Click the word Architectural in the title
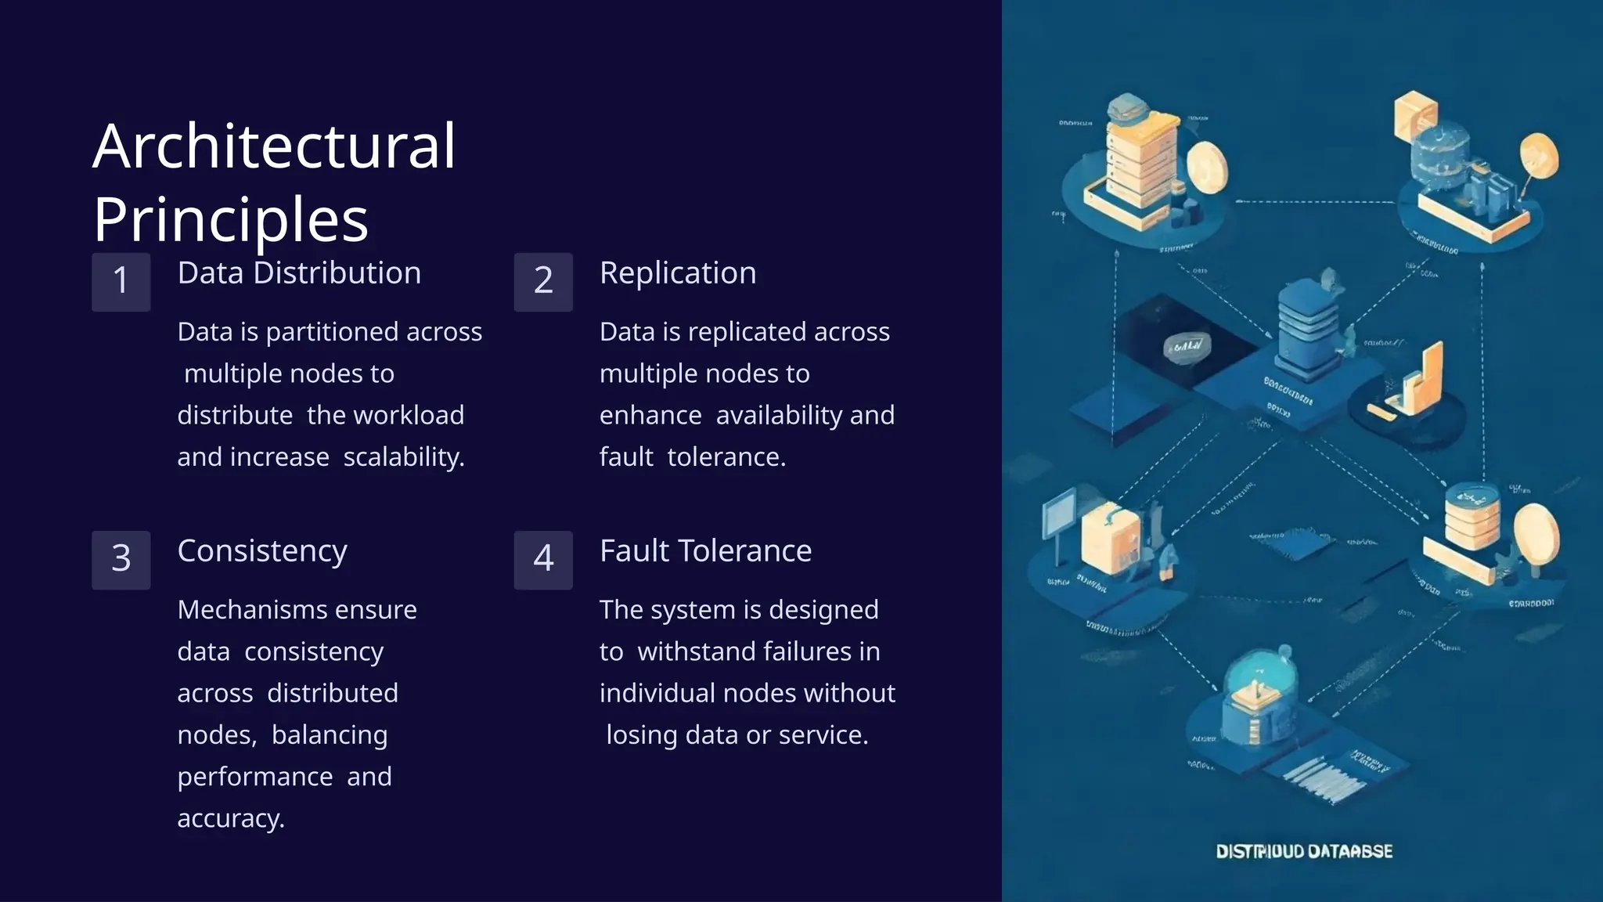point(274,146)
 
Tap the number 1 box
point(121,281)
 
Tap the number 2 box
point(543,281)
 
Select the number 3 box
point(121,559)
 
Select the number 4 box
point(543,559)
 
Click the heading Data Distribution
point(299,273)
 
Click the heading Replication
point(678,273)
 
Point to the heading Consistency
point(262,551)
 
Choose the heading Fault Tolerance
point(705,551)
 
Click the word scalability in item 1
point(403,457)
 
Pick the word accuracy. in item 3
point(231,819)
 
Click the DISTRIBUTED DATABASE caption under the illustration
point(1304,852)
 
